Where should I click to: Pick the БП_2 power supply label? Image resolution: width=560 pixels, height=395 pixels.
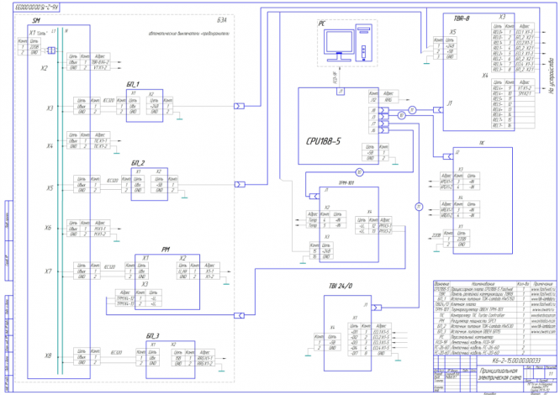click(x=139, y=161)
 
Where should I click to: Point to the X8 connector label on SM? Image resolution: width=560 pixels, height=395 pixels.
click(x=49, y=355)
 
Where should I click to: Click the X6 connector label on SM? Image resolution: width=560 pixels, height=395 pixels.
click(x=49, y=228)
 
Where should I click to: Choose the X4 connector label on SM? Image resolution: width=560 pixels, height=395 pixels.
click(x=49, y=146)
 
